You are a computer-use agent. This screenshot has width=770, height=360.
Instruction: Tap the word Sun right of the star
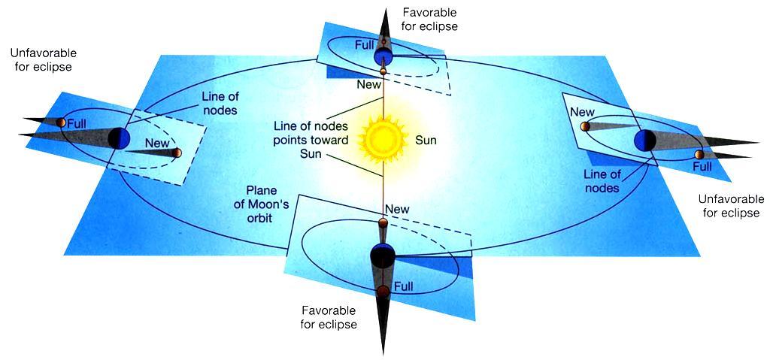[x=426, y=141]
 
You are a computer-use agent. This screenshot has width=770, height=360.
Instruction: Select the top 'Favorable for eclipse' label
[x=429, y=19]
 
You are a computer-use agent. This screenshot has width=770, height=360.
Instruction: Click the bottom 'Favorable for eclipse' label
[x=329, y=317]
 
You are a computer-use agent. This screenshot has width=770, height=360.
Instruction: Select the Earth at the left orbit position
[x=120, y=138]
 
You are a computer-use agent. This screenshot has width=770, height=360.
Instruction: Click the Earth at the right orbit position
[x=644, y=141]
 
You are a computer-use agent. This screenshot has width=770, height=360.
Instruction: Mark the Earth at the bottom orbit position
[x=383, y=255]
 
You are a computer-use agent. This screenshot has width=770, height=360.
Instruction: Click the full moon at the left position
[x=61, y=123]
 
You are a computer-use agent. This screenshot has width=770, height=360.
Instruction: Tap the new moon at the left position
[x=177, y=153]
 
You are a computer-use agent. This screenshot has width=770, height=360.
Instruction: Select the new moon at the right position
[x=585, y=127]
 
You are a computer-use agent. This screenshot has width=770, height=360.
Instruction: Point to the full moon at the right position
[x=700, y=155]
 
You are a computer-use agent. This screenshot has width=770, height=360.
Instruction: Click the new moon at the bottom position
[x=383, y=224]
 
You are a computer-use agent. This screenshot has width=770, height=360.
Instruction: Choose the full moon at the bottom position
[x=383, y=292]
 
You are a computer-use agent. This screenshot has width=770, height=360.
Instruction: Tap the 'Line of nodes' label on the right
[x=602, y=180]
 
